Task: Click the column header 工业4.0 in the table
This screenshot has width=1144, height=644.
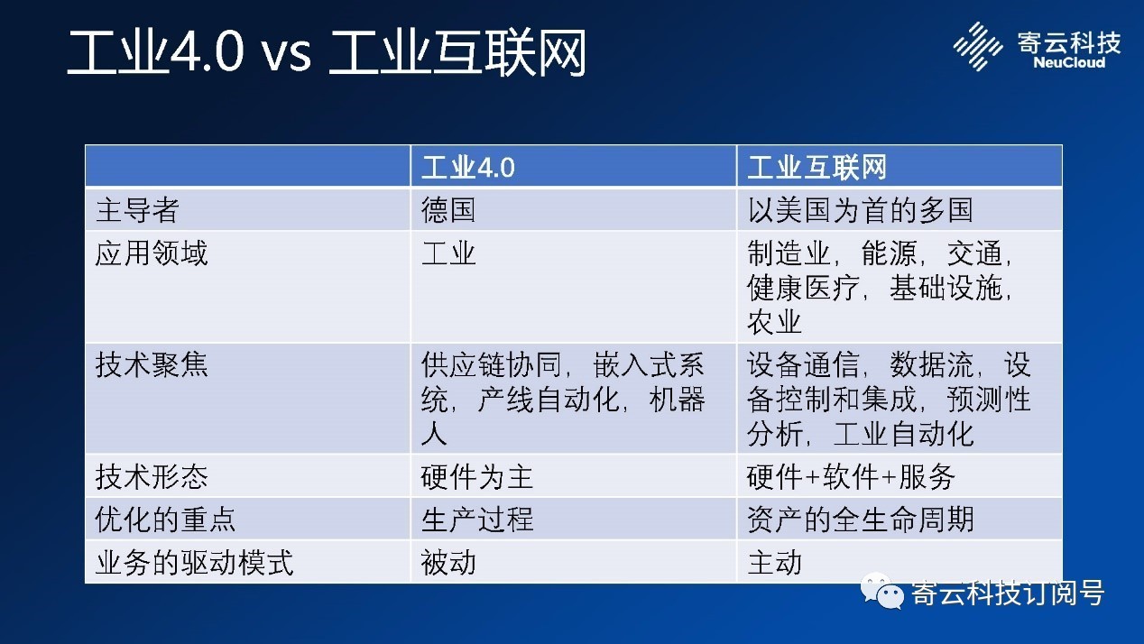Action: tap(468, 168)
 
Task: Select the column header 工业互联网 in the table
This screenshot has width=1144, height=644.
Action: tap(816, 168)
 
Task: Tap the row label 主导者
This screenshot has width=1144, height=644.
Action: tap(137, 210)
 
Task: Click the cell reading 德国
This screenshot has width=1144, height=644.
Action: tap(447, 210)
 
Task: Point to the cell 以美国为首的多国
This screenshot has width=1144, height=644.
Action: tap(860, 210)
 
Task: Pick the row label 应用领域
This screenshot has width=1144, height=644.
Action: tap(152, 253)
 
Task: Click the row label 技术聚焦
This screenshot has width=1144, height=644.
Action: tap(152, 364)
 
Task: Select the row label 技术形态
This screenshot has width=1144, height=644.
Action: tap(152, 477)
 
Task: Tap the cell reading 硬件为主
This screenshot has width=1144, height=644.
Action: tap(477, 477)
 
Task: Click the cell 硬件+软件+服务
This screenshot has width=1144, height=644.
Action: tap(851, 477)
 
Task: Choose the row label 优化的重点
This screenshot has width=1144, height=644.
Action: tap(165, 520)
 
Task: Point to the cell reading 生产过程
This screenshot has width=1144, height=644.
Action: tap(477, 520)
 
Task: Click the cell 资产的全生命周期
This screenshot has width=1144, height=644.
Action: tap(860, 520)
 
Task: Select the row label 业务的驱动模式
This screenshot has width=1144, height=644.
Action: tap(194, 563)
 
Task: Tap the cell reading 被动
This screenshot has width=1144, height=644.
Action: tap(447, 563)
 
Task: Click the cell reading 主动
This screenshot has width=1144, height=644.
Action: tap(774, 563)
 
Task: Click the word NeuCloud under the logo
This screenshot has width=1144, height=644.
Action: tap(1069, 63)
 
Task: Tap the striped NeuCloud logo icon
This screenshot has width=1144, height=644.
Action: tap(977, 46)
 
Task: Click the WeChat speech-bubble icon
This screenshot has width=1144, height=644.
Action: tap(881, 591)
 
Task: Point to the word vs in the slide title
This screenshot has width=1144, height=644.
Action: tap(286, 53)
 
